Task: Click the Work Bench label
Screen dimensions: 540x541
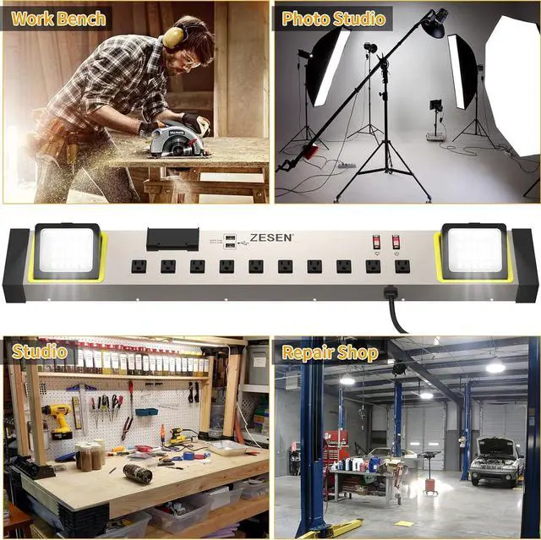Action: click(60, 18)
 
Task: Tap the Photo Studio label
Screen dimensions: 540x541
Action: click(334, 18)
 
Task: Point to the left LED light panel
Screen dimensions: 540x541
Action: click(68, 251)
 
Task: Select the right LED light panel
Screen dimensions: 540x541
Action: click(474, 251)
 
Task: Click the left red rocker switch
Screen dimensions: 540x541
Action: click(376, 242)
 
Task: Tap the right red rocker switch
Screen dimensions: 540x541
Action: click(396, 242)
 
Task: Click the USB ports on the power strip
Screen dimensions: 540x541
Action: click(232, 240)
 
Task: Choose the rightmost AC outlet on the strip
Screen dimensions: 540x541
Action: click(402, 266)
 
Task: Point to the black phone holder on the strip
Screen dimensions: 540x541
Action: click(172, 239)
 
